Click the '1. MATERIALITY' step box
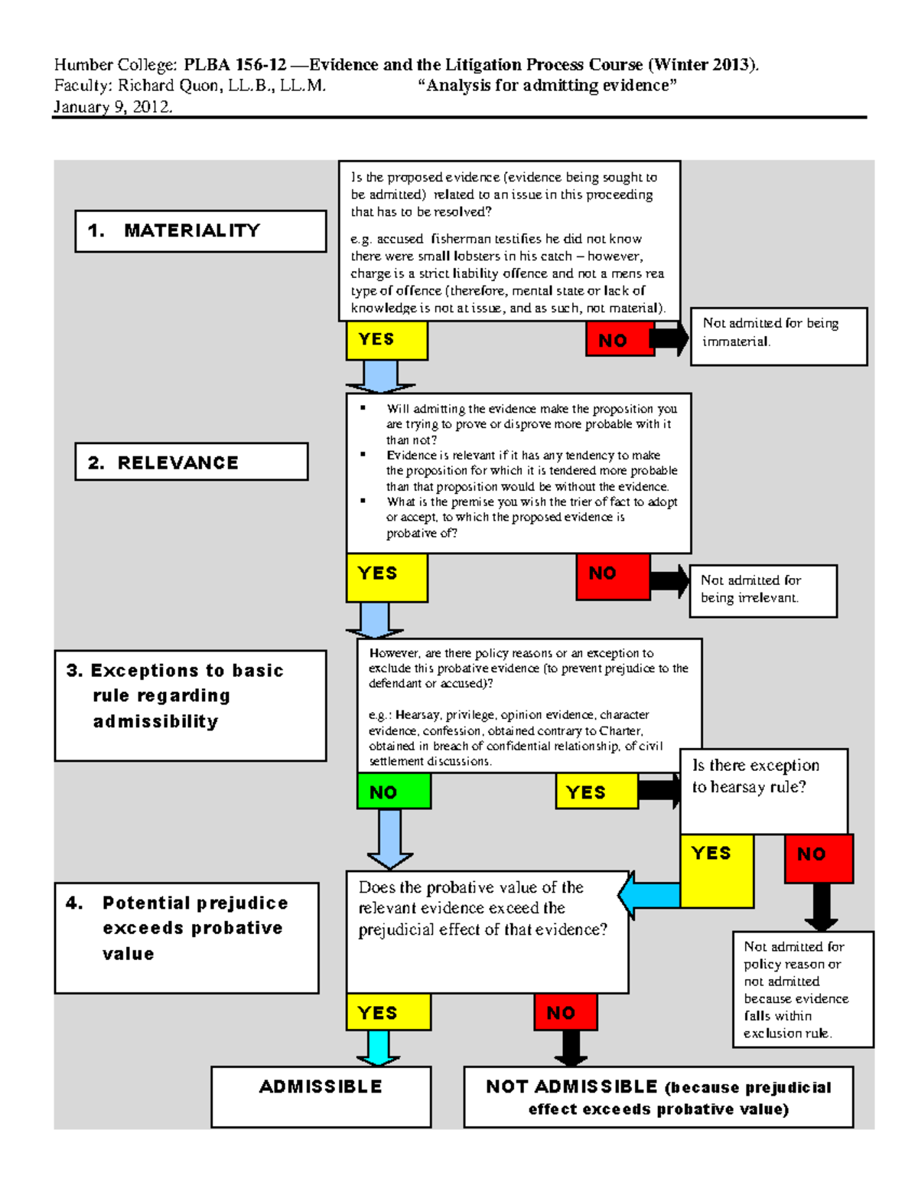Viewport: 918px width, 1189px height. point(200,230)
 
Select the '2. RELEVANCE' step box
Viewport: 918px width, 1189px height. point(191,462)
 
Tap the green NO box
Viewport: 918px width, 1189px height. point(394,791)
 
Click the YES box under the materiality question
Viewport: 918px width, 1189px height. point(386,340)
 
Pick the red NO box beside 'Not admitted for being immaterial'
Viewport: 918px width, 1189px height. point(620,339)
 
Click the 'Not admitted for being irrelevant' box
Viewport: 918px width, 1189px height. point(763,590)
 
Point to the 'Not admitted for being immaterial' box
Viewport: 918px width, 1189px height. point(778,336)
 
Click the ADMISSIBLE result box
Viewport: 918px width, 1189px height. point(321,1096)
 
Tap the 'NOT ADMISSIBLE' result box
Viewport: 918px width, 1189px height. point(658,1096)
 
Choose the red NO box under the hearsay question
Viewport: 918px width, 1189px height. point(818,858)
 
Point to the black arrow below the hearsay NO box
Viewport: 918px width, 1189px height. point(821,906)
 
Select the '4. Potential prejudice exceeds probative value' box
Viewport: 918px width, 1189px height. point(187,937)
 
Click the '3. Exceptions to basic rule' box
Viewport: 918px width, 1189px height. point(190,705)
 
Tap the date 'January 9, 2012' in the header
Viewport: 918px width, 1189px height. point(112,106)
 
